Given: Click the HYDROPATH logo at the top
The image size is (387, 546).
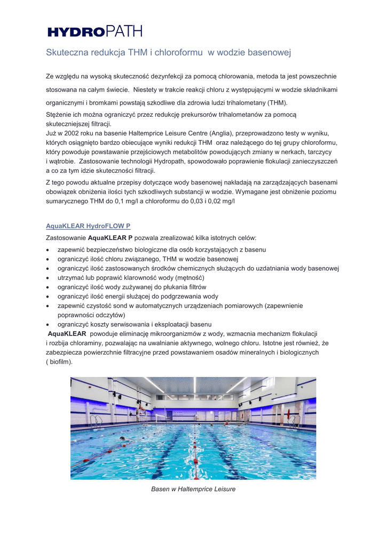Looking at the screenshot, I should (95, 31).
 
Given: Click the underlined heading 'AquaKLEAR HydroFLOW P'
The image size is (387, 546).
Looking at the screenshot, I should (88, 226).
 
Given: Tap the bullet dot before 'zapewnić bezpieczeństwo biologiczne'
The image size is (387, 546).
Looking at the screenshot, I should (49, 250).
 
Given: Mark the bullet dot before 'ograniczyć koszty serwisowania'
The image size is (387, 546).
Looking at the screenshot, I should (49, 324).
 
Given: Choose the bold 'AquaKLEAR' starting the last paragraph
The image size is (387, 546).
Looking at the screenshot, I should (68, 334).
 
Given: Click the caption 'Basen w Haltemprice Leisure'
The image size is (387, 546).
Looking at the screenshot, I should (193, 488).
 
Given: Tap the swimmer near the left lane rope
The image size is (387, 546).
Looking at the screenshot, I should (123, 439).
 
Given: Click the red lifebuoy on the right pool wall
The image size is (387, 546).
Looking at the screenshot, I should (288, 414).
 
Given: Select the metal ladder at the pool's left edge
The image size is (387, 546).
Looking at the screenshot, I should (96, 420).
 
